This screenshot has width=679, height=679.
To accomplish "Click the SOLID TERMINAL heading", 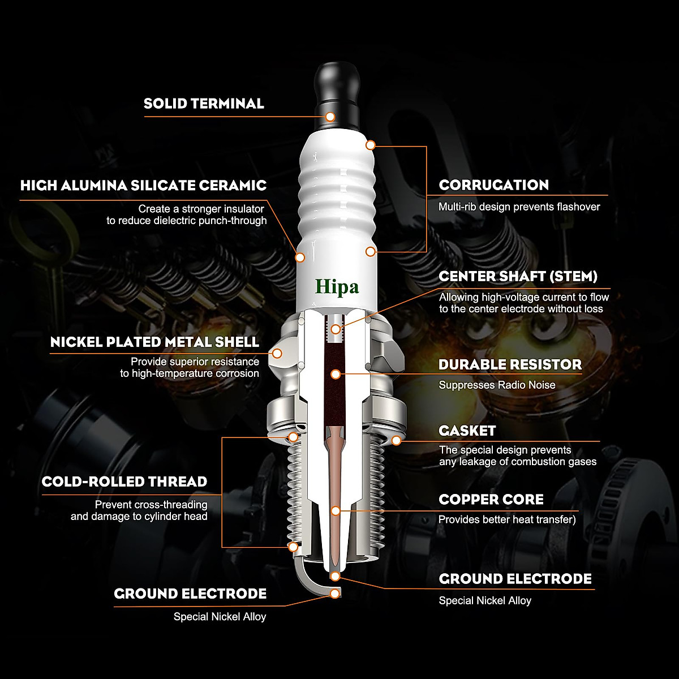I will pyautogui.click(x=204, y=104).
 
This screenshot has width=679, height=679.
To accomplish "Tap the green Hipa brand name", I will pyautogui.click(x=337, y=287).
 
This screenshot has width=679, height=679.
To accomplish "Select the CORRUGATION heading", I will pyautogui.click(x=493, y=185).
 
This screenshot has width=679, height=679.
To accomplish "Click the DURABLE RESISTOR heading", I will pyautogui.click(x=510, y=365).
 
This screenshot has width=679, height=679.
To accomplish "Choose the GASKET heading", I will pyautogui.click(x=467, y=431).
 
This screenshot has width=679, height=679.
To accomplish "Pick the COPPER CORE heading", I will pyautogui.click(x=491, y=500).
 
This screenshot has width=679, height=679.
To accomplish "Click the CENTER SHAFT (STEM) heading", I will pyautogui.click(x=518, y=277).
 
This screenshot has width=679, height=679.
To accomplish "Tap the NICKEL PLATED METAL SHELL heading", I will pyautogui.click(x=154, y=342).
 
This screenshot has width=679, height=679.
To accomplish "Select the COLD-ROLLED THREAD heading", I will pyautogui.click(x=124, y=482).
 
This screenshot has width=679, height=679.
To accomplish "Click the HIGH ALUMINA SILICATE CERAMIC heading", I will pyautogui.click(x=143, y=186).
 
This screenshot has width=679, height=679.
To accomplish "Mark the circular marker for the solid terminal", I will pyautogui.click(x=330, y=117).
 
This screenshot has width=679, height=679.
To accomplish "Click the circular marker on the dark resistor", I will pyautogui.click(x=336, y=374).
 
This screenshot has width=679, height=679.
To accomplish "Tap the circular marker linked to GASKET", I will pyautogui.click(x=396, y=440).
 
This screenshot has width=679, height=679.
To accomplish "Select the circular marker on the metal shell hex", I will pyautogui.click(x=277, y=353).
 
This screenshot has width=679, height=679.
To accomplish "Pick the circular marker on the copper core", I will pyautogui.click(x=336, y=510).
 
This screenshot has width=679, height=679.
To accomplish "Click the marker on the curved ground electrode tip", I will pyautogui.click(x=335, y=594).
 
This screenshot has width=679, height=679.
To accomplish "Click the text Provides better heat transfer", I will pyautogui.click(x=506, y=519).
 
